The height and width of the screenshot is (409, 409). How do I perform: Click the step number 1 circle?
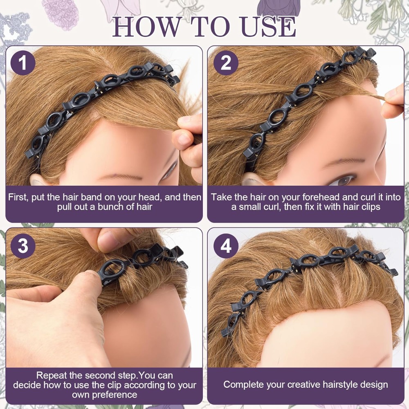pos(23,63)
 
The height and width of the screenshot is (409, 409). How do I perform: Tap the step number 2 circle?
pos(226,63)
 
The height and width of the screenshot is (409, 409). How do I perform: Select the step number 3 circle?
pos(23,246)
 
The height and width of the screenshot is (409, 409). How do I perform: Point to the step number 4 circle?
pos(226,246)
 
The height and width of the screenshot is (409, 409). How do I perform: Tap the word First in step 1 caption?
pos(18,197)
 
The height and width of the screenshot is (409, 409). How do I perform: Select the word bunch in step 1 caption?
pos(111,207)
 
